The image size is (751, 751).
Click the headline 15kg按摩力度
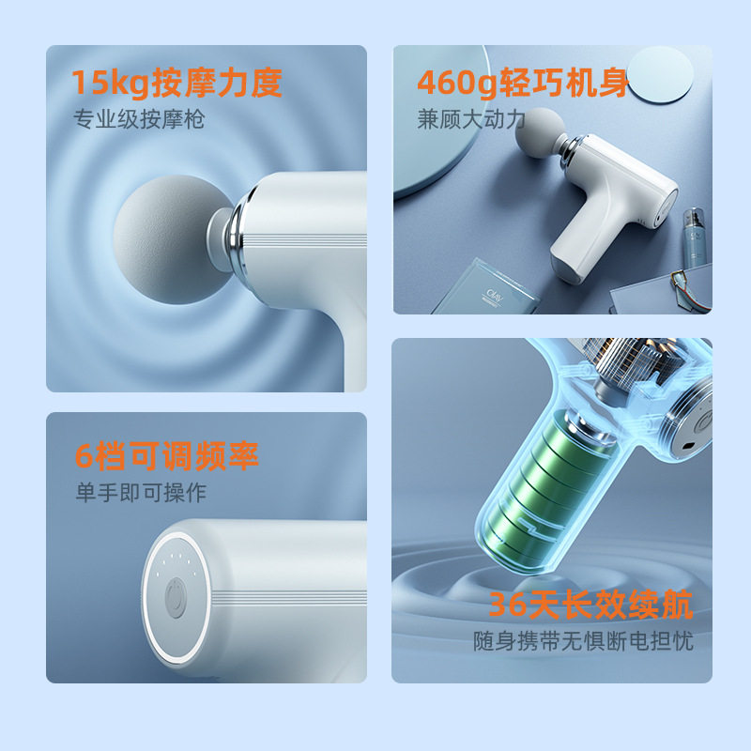click(177, 84)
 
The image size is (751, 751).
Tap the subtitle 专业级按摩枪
click(139, 120)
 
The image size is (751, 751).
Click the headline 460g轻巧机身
click(523, 84)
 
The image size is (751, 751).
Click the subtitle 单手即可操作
click(141, 492)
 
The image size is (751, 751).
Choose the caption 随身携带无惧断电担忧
click(583, 642)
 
